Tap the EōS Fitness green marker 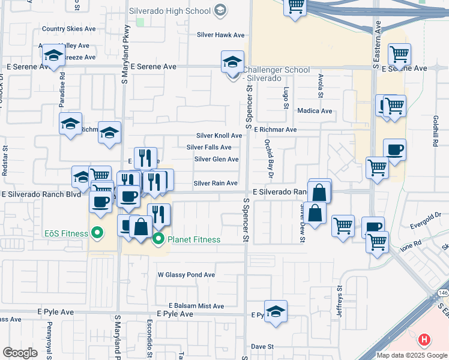point(96,233)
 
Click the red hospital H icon point(424,340)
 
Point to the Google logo point(20,353)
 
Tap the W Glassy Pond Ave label point(186,275)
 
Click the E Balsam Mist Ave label point(196,306)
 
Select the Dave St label point(262,347)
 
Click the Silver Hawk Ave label point(221,35)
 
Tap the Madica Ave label point(315,111)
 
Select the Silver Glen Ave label point(217,159)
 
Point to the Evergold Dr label point(426,225)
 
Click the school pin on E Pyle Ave point(276,311)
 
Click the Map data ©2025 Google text point(411,355)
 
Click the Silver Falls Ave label point(209,147)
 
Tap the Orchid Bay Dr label point(268,159)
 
